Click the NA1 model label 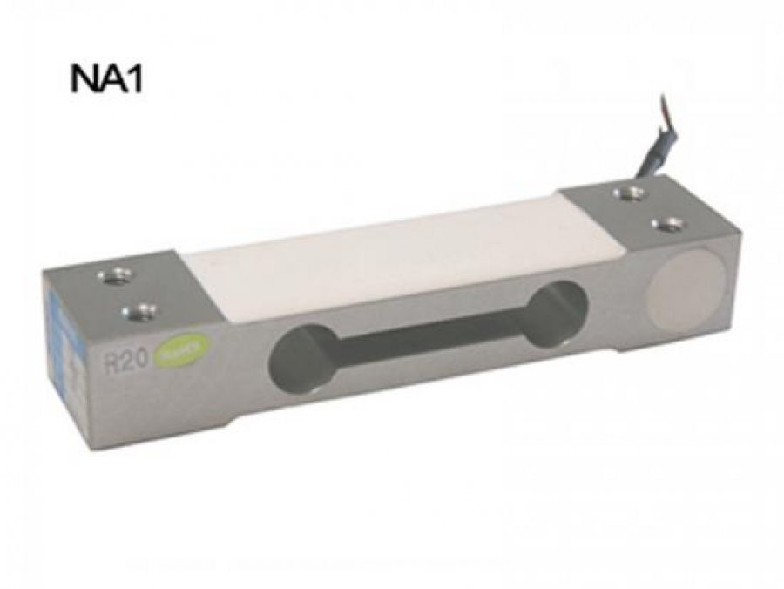105,80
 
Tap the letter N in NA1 84,80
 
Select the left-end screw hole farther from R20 114,277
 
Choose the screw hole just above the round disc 666,225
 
